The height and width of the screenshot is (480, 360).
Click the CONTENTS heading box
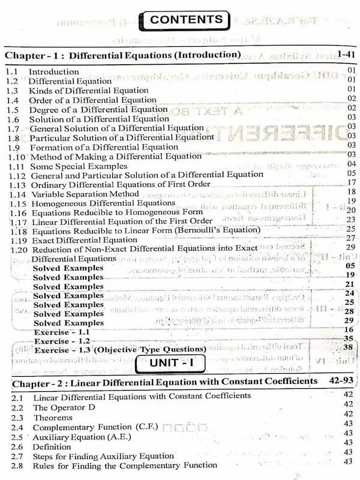point(186,19)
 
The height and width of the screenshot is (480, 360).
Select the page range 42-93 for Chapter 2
point(337,381)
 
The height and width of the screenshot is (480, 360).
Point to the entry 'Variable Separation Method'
point(85,194)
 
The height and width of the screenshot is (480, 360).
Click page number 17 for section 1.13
point(351,182)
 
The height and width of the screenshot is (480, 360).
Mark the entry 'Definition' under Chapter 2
point(52,446)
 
